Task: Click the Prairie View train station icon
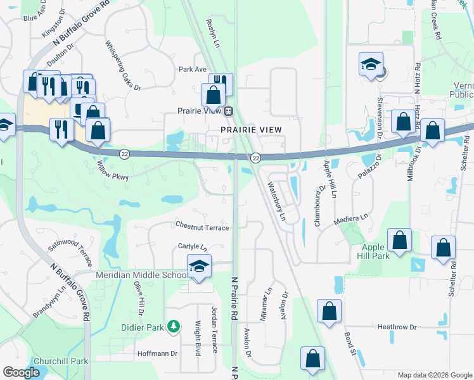(229, 111)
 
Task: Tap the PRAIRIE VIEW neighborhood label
(251, 129)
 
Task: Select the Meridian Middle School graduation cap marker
(199, 266)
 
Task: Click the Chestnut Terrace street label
(203, 227)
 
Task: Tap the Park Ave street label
(193, 69)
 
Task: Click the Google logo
(21, 372)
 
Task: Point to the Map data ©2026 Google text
(434, 375)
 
